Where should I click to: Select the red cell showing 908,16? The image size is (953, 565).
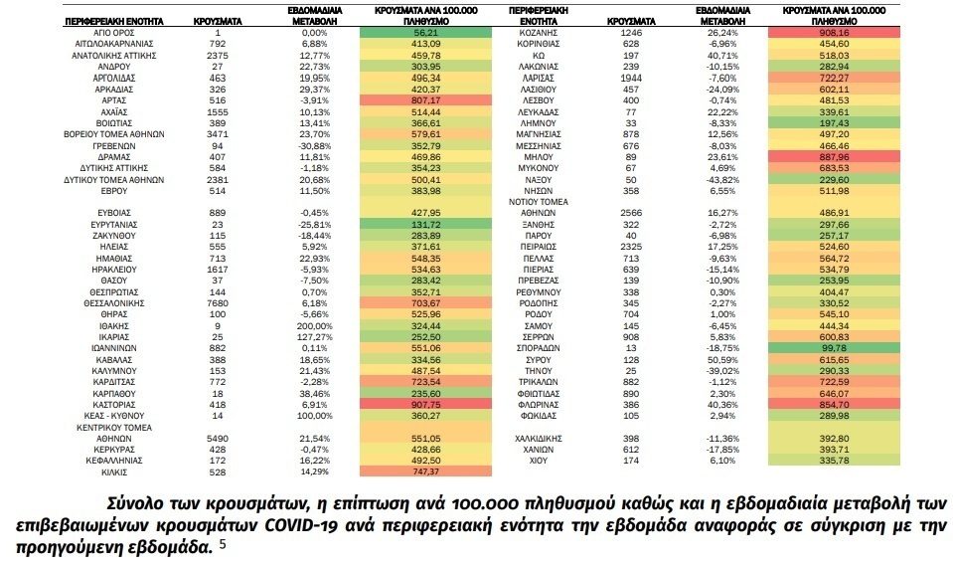[834, 33]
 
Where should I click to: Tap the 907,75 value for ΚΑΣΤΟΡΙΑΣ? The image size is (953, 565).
[425, 405]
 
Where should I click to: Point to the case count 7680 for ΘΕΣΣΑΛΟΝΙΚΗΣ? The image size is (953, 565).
[218, 303]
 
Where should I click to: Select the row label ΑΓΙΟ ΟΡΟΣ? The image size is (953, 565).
[114, 33]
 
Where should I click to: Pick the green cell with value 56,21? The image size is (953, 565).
[425, 33]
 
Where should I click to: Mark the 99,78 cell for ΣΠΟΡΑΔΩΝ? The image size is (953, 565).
[834, 348]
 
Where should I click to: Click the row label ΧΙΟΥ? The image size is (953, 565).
[538, 461]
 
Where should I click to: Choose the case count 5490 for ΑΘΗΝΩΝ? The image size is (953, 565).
[218, 439]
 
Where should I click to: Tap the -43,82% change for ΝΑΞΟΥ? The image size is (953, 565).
[722, 180]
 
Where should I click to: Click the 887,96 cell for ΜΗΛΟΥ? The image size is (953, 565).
[834, 157]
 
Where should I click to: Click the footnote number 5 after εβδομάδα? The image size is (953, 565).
[223, 544]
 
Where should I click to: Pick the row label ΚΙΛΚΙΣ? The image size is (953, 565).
[114, 472]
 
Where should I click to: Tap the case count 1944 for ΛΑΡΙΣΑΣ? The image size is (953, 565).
[631, 79]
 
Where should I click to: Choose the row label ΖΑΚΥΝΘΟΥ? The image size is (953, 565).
[114, 236]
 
